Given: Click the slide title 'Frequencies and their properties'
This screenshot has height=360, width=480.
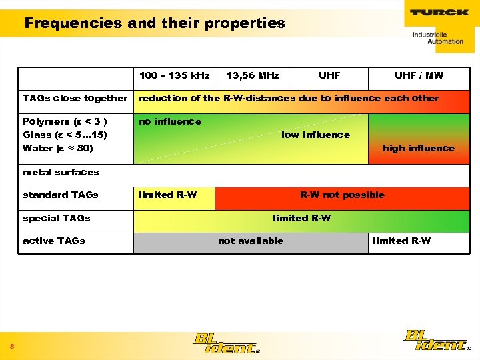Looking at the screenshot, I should [x=155, y=24].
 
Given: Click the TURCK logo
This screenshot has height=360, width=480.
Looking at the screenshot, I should [x=439, y=12].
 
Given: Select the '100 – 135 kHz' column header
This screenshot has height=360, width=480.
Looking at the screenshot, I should [x=175, y=75].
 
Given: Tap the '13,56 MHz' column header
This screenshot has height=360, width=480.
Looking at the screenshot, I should [x=253, y=75].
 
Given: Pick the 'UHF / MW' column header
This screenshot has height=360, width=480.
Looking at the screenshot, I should [x=419, y=75].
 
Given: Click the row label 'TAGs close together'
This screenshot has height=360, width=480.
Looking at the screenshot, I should [x=75, y=99].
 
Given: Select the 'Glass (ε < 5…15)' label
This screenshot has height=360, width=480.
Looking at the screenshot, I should [x=65, y=135].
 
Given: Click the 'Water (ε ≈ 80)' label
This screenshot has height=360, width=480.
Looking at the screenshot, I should [x=58, y=148].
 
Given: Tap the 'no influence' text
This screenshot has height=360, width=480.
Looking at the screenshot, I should [x=169, y=121].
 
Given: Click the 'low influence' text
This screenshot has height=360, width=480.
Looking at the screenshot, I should [x=315, y=135].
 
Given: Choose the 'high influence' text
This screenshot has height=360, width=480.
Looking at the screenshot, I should [x=418, y=148].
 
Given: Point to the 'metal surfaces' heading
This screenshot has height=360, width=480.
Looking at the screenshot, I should [x=61, y=172].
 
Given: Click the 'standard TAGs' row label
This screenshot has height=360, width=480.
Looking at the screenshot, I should [x=60, y=195].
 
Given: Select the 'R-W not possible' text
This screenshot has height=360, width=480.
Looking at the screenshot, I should [x=342, y=195].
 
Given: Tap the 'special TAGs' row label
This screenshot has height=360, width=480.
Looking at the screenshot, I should [x=56, y=218].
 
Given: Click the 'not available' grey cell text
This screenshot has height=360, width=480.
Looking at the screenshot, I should [x=251, y=241].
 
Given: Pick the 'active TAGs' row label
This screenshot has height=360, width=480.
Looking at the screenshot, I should [x=53, y=241].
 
